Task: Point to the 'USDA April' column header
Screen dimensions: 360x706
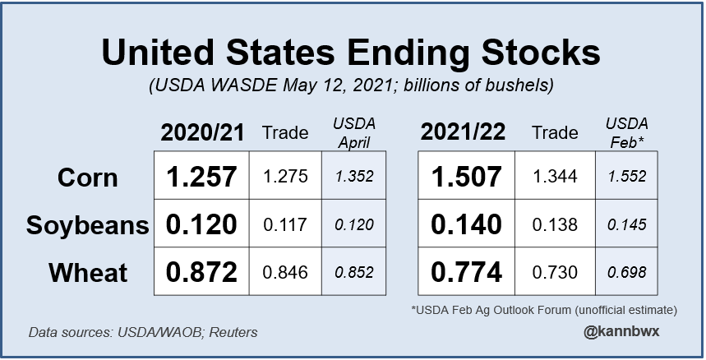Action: pos(353,132)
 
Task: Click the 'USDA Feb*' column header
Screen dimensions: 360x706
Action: pos(625,132)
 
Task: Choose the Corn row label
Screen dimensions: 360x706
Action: pos(89,178)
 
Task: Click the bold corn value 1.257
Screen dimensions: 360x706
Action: pos(203,177)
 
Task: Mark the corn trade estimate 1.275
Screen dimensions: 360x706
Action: pos(284,177)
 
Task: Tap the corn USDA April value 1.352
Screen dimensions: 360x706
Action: pos(353,177)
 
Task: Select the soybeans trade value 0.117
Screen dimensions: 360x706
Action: pos(284,224)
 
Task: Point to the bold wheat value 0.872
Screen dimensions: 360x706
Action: pos(203,271)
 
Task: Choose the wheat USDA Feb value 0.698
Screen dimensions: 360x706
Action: pos(625,271)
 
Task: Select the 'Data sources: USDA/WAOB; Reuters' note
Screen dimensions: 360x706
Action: pos(143,333)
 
